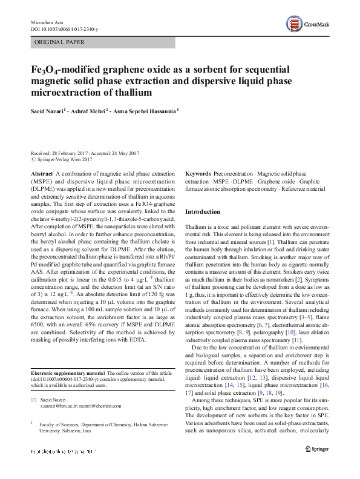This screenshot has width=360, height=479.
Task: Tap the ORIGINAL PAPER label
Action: pyautogui.click(x=60, y=42)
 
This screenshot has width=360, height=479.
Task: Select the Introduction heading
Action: pyautogui.click(x=203, y=212)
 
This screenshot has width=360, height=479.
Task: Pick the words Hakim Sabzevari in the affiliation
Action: pyautogui.click(x=149, y=426)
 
